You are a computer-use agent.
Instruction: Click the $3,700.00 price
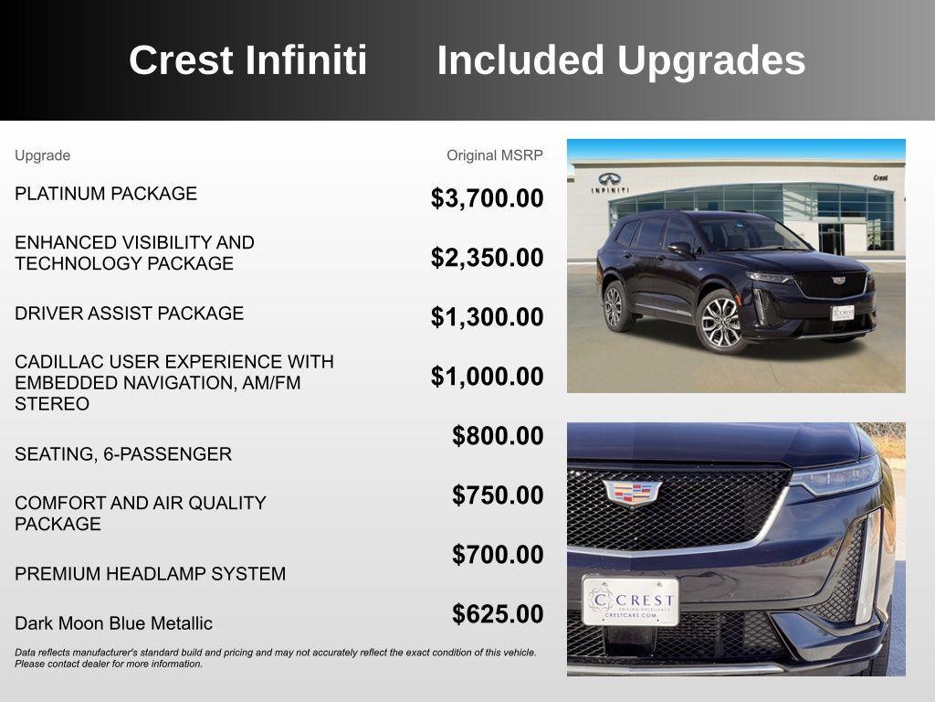pyautogui.click(x=487, y=198)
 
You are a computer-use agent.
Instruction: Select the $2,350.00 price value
pyautogui.click(x=487, y=258)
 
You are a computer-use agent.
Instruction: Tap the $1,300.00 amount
pyautogui.click(x=487, y=317)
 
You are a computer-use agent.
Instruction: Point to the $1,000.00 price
pyautogui.click(x=487, y=377)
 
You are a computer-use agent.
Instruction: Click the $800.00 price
pyautogui.click(x=498, y=436)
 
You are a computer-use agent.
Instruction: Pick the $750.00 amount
pyautogui.click(x=498, y=495)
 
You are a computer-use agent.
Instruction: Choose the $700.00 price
pyautogui.click(x=498, y=555)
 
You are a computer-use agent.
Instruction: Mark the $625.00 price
pyautogui.click(x=498, y=614)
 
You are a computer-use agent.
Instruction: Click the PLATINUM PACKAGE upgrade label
pyautogui.click(x=106, y=194)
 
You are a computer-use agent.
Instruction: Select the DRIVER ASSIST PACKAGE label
pyautogui.click(x=129, y=314)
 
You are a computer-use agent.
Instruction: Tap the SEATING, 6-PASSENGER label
pyautogui.click(x=123, y=454)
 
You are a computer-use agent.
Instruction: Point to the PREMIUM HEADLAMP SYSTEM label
pyautogui.click(x=150, y=574)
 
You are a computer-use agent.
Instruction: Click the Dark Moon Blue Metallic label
pyautogui.click(x=113, y=623)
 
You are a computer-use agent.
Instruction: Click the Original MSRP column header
pyautogui.click(x=494, y=155)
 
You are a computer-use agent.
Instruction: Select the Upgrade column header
pyautogui.click(x=42, y=155)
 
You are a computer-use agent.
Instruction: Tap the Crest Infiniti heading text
pyautogui.click(x=247, y=60)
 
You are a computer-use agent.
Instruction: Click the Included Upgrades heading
pyautogui.click(x=621, y=60)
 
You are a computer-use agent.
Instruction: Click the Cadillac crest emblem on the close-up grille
pyautogui.click(x=632, y=494)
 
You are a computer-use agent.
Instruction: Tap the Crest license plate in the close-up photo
pyautogui.click(x=631, y=601)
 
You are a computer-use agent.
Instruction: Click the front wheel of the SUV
pyautogui.click(x=720, y=320)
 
